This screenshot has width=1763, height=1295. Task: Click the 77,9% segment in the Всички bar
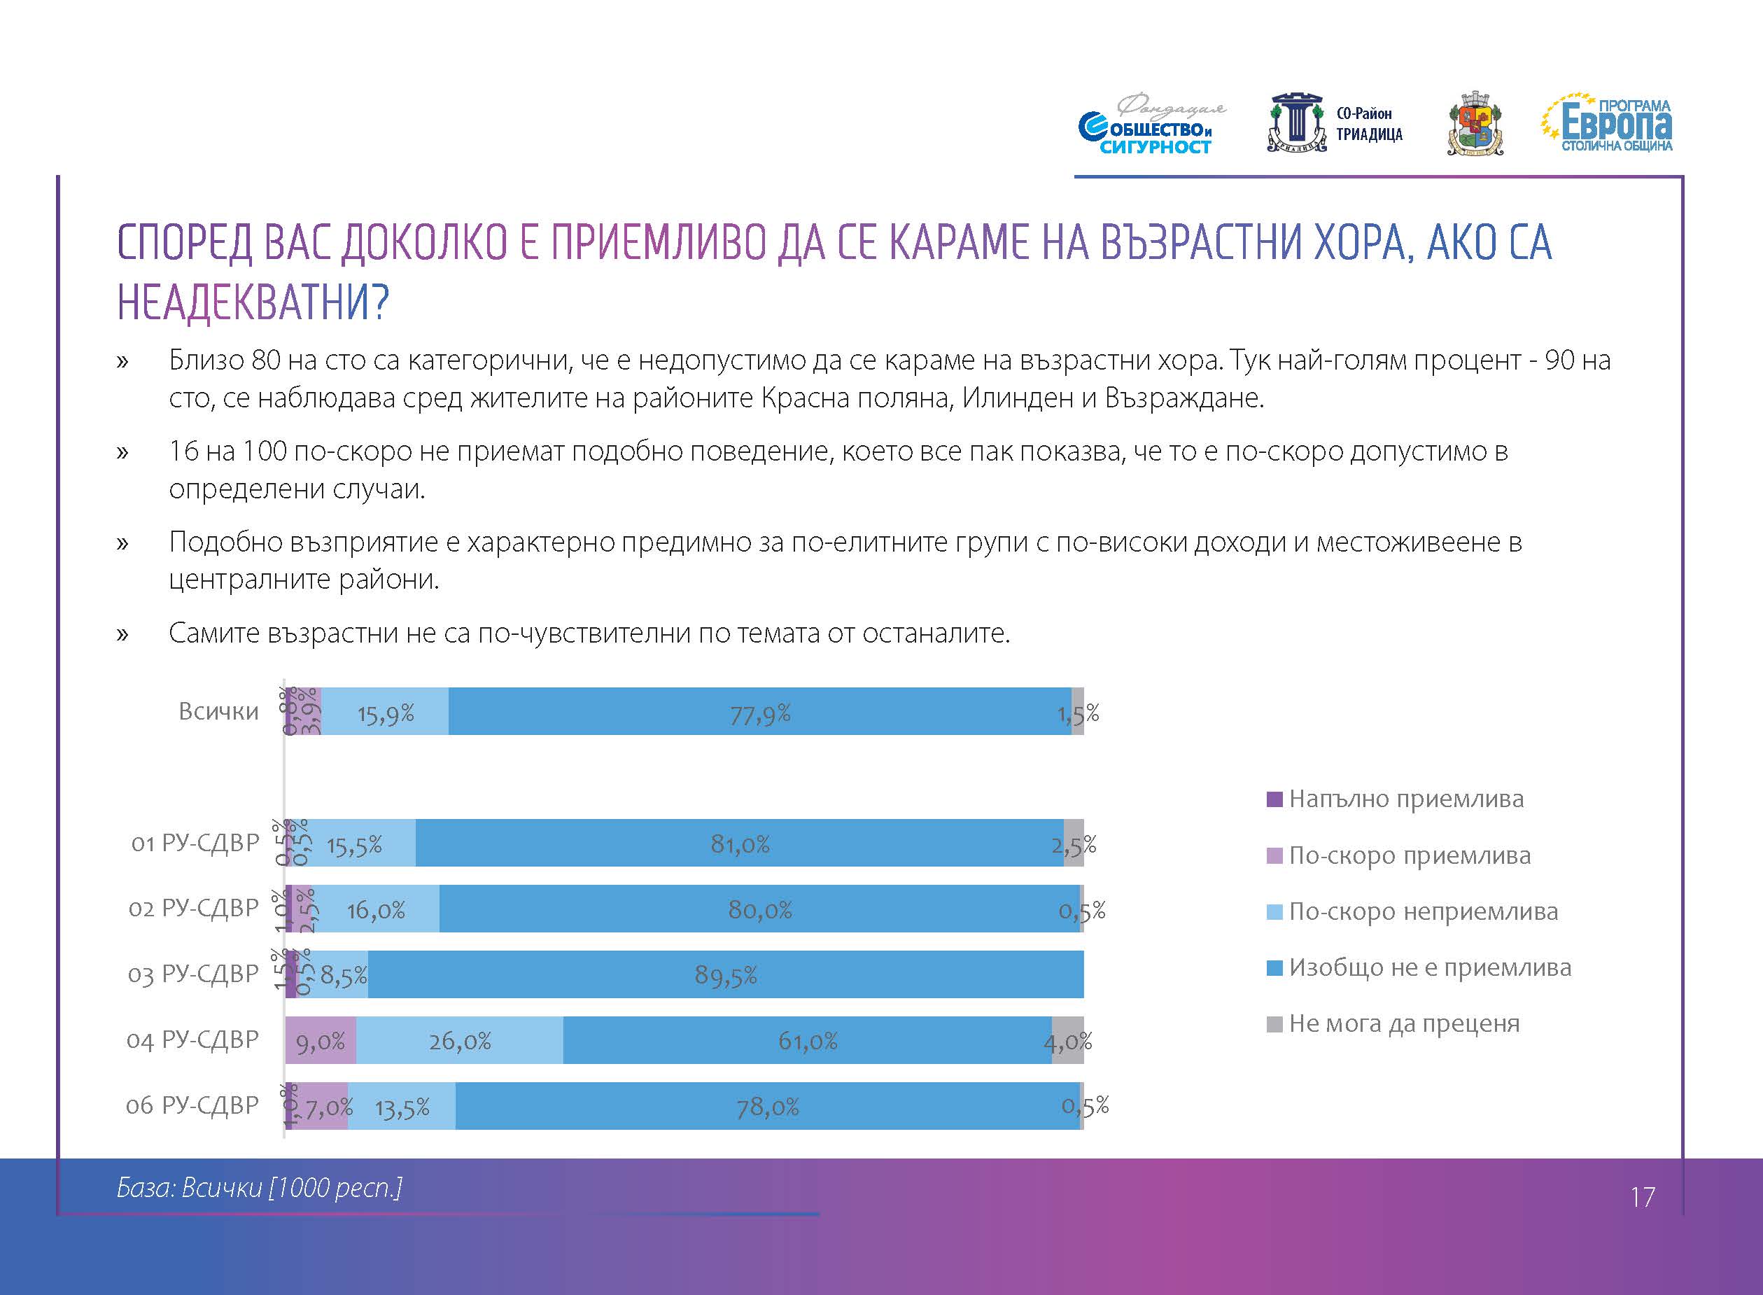tap(759, 712)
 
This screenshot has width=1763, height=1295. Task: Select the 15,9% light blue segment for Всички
tap(385, 712)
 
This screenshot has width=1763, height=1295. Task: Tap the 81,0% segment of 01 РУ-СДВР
tap(739, 843)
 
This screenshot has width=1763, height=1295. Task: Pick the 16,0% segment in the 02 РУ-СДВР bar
tap(375, 909)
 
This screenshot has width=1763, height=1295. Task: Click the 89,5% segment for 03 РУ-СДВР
tap(726, 975)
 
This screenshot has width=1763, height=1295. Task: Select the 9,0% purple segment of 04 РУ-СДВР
tap(321, 1041)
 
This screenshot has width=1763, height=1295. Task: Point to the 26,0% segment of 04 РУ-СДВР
tap(459, 1041)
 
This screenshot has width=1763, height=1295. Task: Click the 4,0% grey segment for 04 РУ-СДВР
tap(1067, 1041)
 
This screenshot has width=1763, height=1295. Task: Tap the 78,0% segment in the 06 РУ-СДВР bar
tap(767, 1107)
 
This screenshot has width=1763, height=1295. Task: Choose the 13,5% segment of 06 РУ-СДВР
tap(402, 1107)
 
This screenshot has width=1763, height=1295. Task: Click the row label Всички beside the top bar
tap(218, 712)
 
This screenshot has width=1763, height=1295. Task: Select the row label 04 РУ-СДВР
tap(192, 1040)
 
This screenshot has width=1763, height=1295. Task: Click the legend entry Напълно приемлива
tap(1405, 799)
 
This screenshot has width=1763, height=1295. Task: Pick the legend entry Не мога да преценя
tap(1403, 1024)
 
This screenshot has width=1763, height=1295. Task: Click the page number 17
tap(1643, 1197)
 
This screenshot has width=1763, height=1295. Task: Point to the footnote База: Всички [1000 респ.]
tap(260, 1189)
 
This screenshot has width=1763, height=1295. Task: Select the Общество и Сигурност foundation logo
tap(1149, 126)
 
